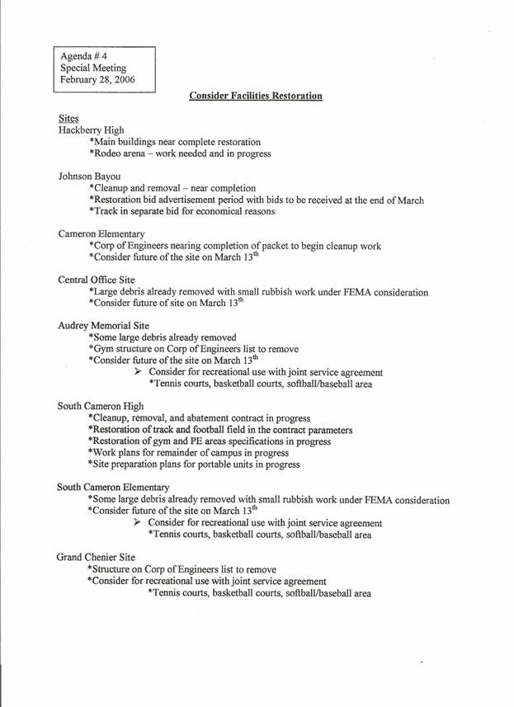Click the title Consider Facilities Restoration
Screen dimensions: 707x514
(255, 97)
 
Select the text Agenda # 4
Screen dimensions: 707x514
(84, 54)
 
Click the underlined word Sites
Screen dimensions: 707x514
(68, 120)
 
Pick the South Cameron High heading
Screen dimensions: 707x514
(101, 406)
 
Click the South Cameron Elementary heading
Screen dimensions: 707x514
(113, 487)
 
